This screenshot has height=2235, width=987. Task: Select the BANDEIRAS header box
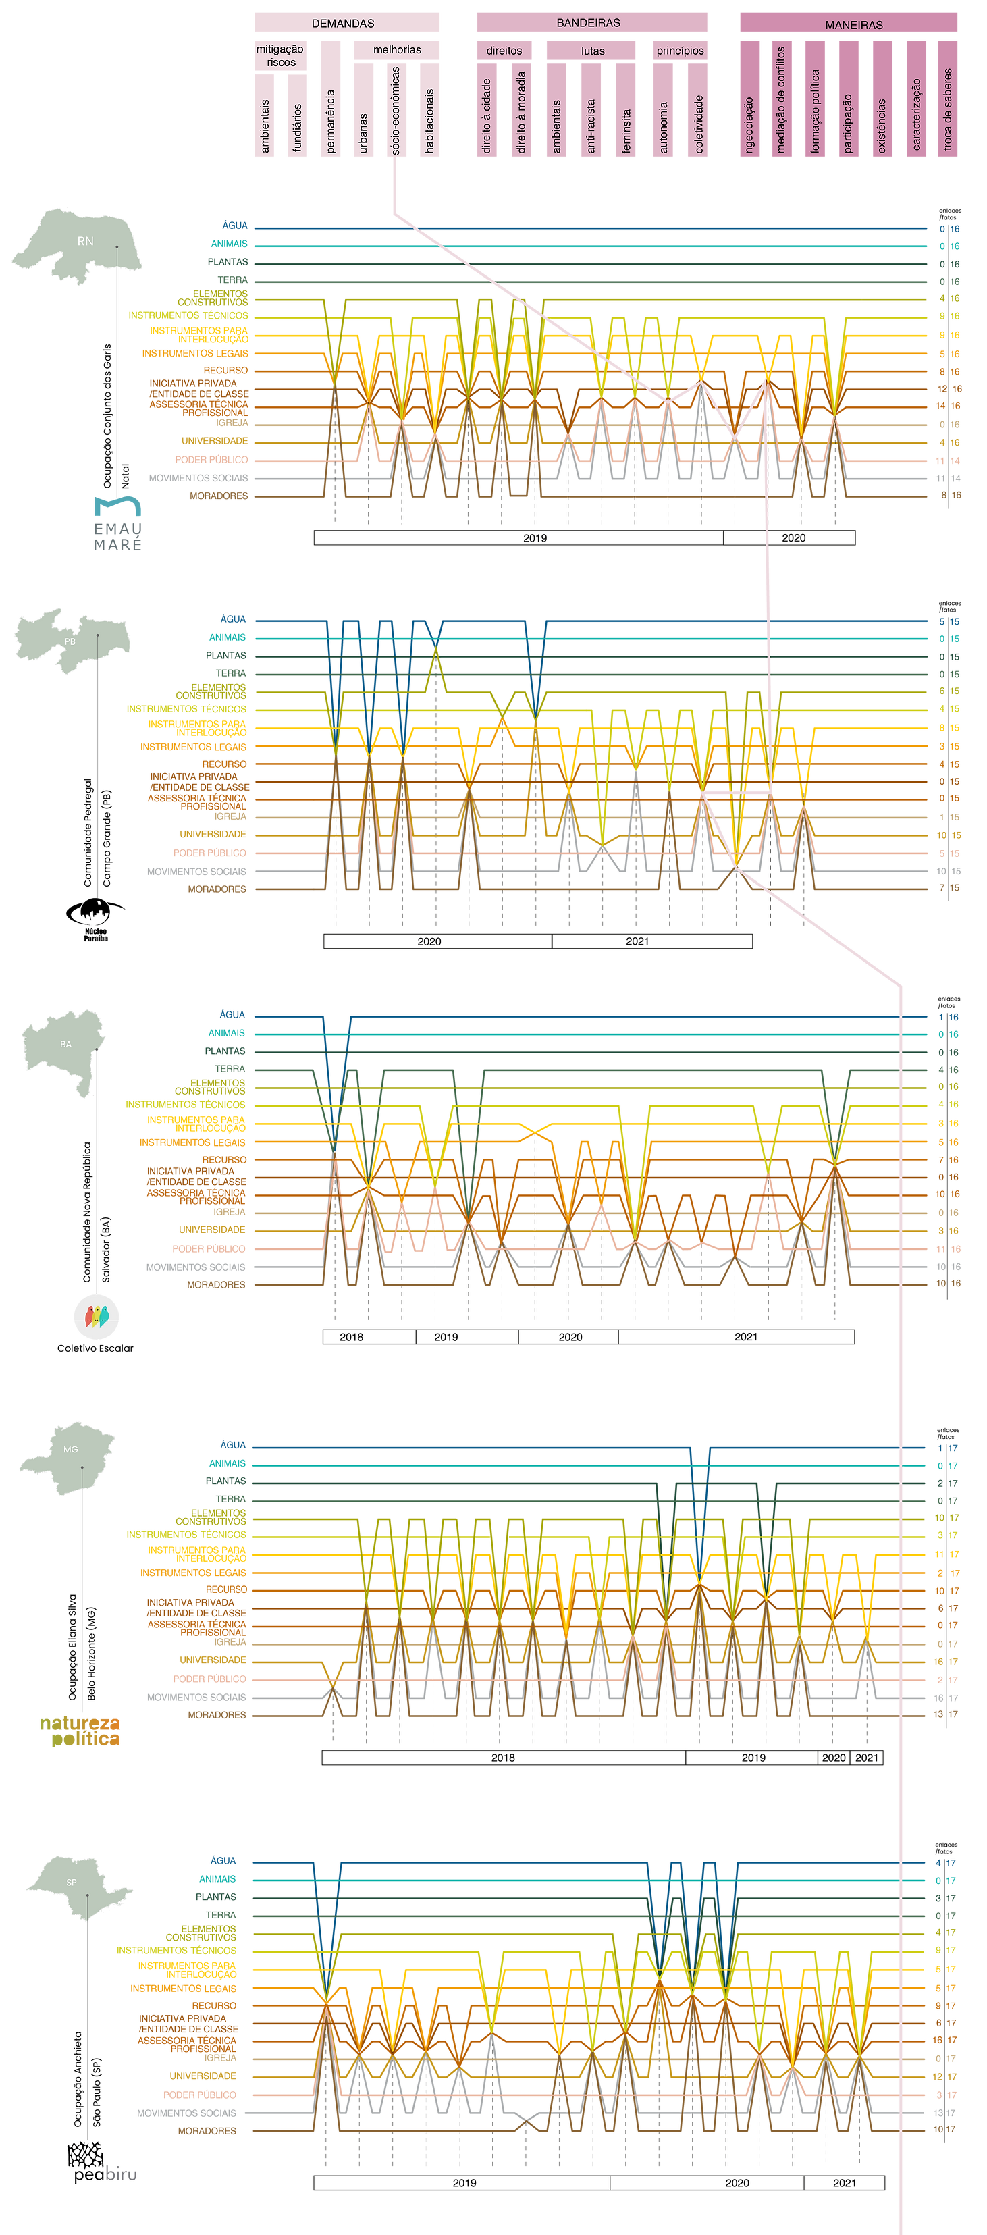pos(588,22)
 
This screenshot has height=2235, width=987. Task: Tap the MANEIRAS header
pos(853,24)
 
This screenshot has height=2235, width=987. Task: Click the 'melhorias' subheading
pos(397,49)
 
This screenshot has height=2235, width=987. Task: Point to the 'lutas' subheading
pos(593,51)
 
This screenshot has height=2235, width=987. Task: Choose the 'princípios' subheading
pos(680,51)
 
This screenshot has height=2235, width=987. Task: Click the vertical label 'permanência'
pos(330,122)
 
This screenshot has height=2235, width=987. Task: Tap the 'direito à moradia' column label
pos(521,113)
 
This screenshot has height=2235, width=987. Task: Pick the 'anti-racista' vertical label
pos(591,126)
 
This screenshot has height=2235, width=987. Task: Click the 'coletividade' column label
pos(699,124)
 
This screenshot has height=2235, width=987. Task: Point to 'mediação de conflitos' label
pos(780,100)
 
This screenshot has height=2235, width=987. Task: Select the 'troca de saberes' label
pos(947,109)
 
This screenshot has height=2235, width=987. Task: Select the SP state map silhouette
pos(76,1887)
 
